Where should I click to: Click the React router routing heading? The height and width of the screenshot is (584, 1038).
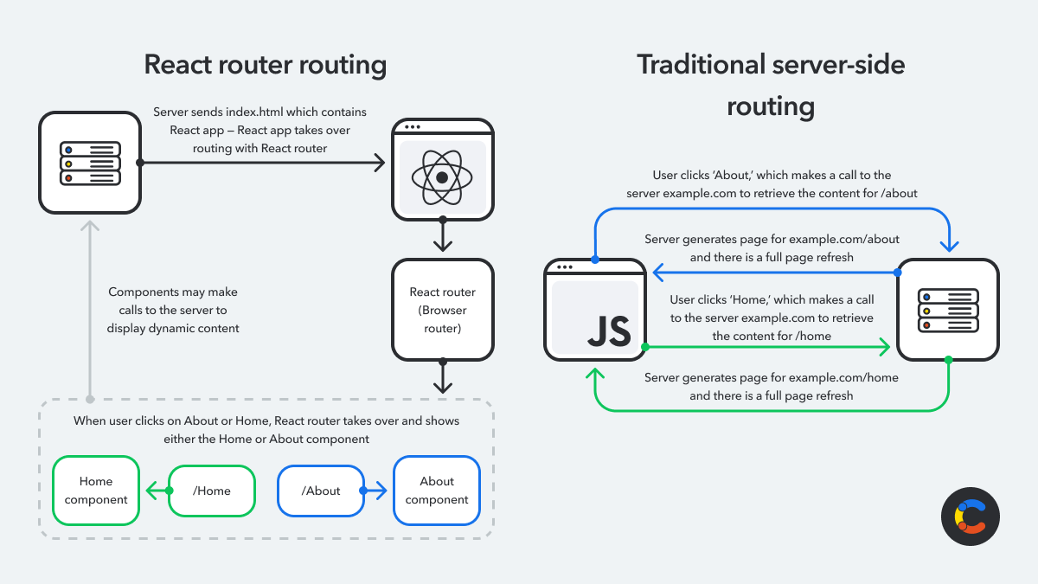[265, 65]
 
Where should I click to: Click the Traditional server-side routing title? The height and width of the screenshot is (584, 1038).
[771, 85]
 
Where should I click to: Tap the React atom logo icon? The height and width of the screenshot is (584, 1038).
[442, 177]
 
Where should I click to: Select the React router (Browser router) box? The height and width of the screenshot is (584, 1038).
[443, 309]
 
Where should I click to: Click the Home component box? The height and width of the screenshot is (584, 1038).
[96, 491]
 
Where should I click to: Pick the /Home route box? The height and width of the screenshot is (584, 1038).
[212, 491]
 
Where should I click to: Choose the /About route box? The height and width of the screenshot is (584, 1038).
[321, 491]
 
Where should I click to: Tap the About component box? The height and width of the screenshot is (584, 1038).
[437, 491]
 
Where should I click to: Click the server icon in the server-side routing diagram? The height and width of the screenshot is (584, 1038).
[948, 310]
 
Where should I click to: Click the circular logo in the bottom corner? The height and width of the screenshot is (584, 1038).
[970, 517]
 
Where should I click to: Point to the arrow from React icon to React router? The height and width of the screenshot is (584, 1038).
[443, 236]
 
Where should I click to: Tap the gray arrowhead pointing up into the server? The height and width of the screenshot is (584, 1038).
[90, 227]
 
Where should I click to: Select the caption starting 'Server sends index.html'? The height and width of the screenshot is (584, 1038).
[259, 130]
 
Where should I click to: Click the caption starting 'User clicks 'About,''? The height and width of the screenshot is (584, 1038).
[772, 184]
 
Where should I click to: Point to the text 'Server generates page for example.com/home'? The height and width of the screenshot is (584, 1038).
[772, 387]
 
